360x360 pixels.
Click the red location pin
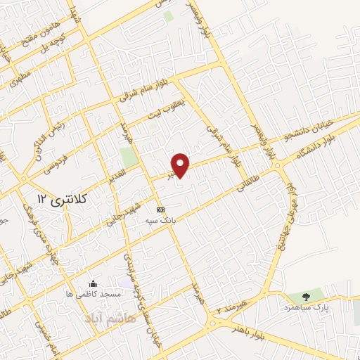click(181, 165)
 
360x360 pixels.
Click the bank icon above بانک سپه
click(160, 210)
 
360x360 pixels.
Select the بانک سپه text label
click(162, 221)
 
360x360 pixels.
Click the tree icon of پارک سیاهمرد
click(306, 296)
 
